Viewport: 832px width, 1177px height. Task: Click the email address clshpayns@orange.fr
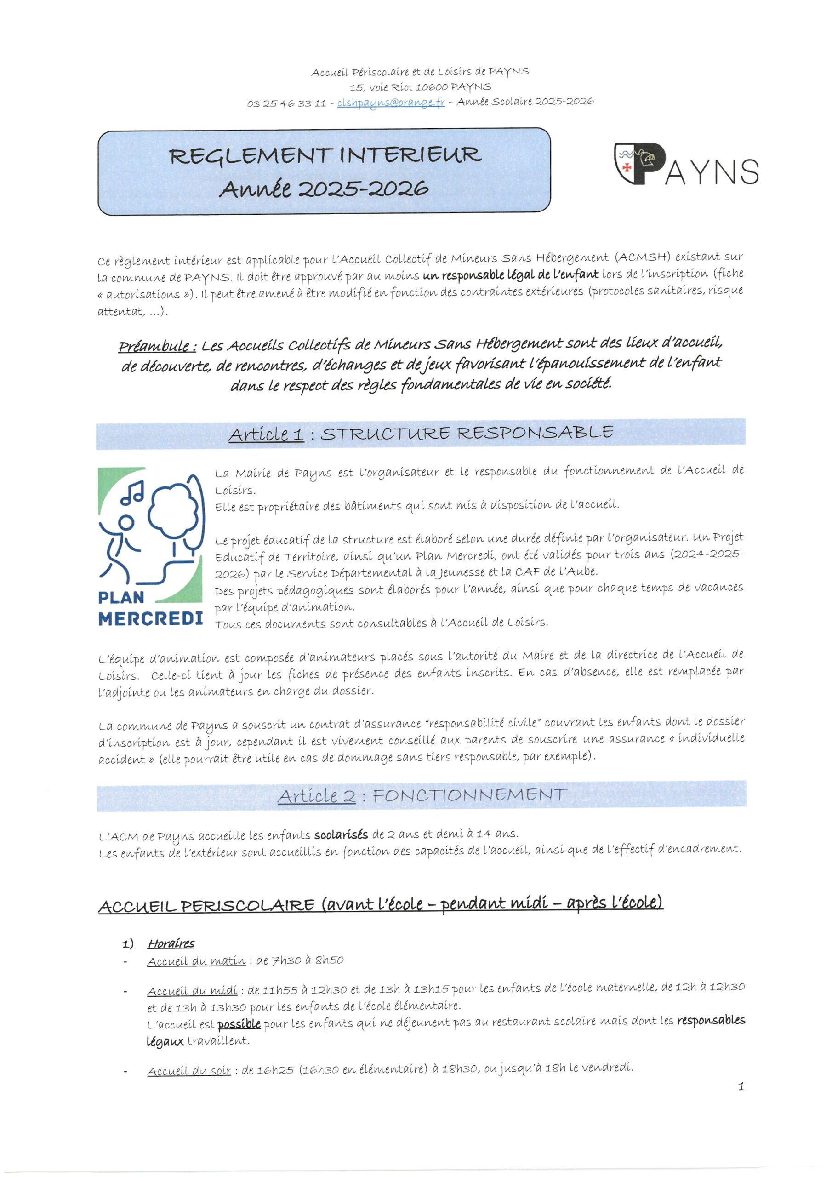[391, 103]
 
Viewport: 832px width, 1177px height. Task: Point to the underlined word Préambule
[157, 347]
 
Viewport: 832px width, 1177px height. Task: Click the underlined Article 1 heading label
[266, 434]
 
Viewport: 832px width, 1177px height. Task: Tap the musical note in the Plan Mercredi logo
[132, 492]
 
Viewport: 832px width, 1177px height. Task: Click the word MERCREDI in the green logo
[150, 619]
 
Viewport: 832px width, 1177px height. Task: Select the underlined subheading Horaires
[171, 944]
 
